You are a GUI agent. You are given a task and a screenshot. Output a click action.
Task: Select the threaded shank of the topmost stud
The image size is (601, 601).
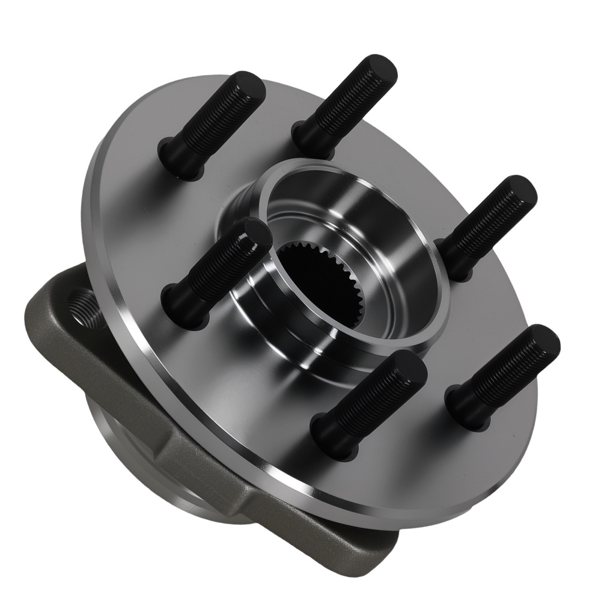[x=343, y=105]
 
